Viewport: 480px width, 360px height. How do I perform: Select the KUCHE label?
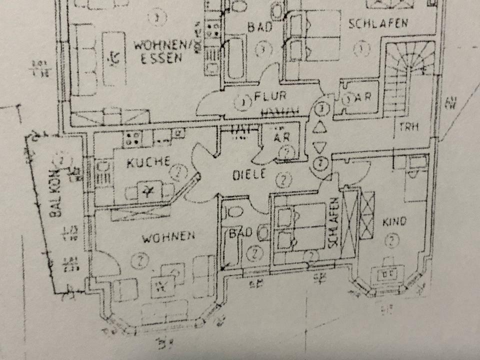point(148,162)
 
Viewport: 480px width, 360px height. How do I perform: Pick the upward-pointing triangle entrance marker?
point(319,127)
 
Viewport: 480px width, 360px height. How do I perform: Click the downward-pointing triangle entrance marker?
point(319,146)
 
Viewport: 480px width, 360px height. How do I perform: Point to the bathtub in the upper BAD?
point(235,57)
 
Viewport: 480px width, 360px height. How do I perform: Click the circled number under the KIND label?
point(392,241)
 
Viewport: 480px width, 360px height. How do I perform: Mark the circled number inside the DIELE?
point(284,180)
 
